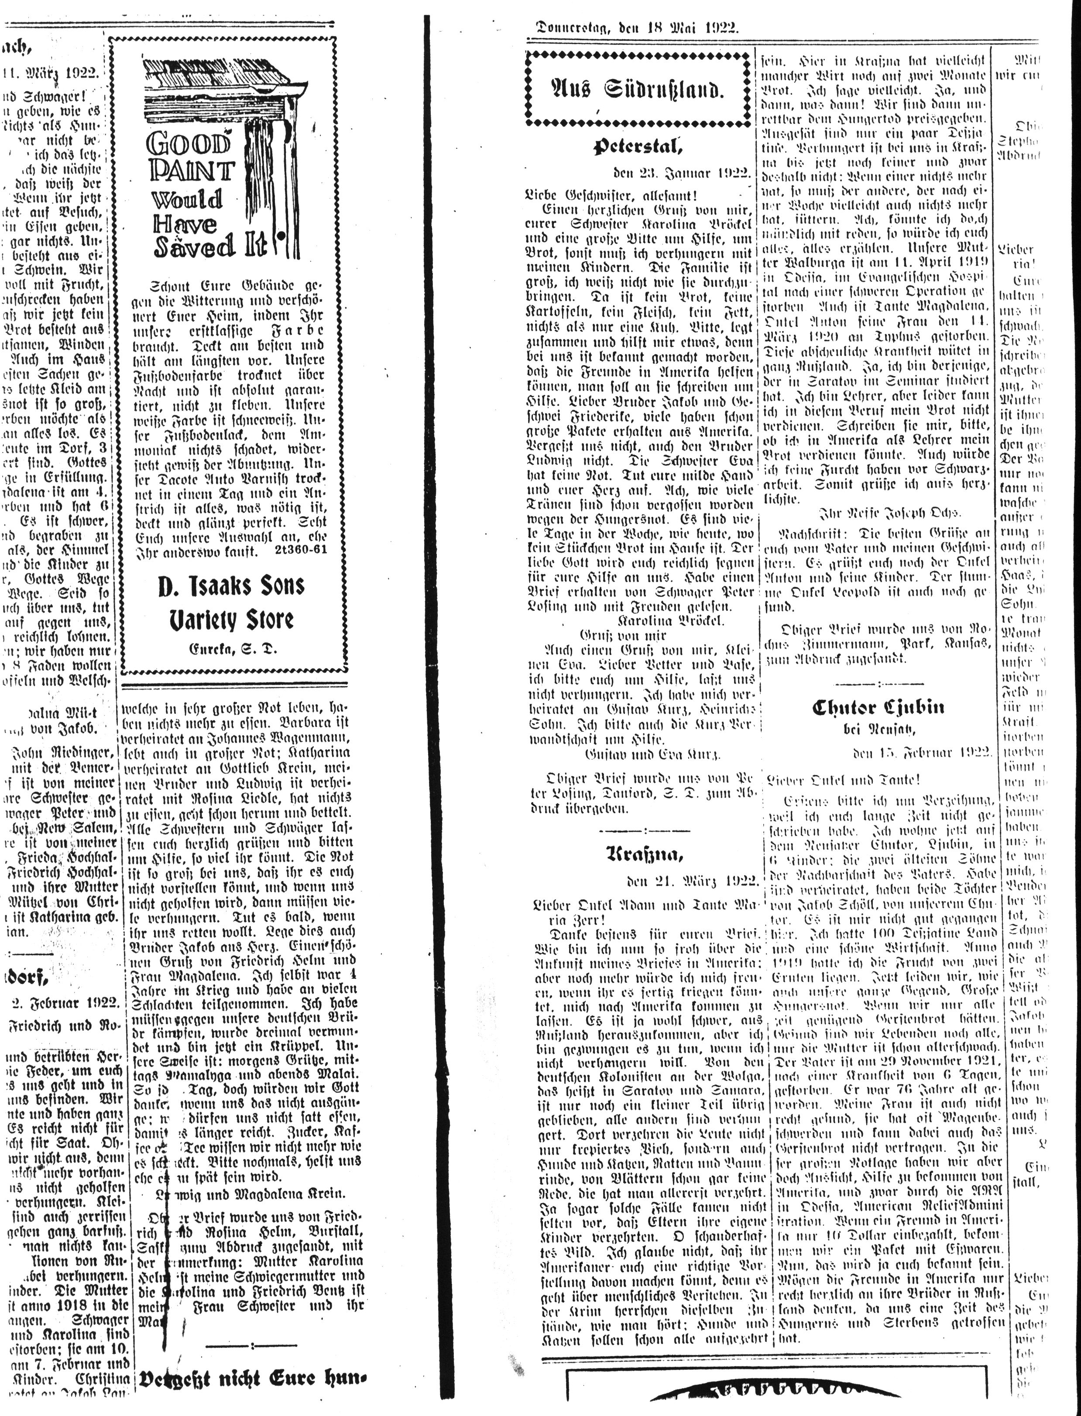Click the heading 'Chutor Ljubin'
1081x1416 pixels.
pos(879,708)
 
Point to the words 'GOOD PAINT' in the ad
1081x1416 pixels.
pos(190,157)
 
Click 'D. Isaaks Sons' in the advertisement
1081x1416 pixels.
pos(231,586)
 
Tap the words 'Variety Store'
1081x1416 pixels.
pos(231,620)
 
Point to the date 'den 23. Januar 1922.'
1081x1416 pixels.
pos(682,174)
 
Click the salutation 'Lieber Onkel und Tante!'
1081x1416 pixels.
pos(843,780)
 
